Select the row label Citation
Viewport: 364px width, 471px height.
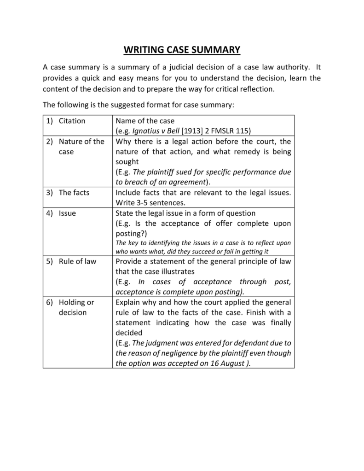pos(72,121)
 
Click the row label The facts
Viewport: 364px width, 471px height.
pos(74,192)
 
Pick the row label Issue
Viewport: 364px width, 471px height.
pos(67,213)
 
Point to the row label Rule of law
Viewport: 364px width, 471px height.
pos(77,261)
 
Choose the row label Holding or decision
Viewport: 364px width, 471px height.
pos(76,307)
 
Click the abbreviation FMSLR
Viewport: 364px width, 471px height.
pos(219,131)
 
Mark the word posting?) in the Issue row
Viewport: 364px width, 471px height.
pos(131,233)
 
